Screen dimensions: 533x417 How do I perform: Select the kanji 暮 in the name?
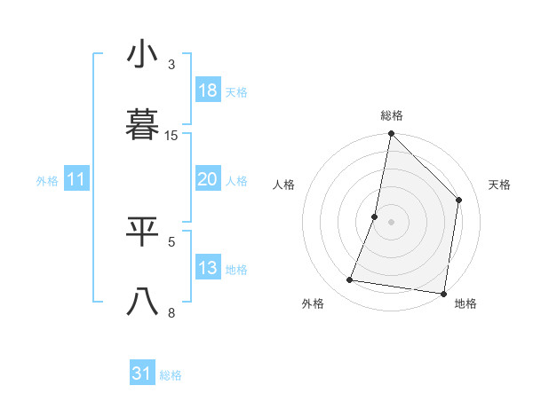click(x=143, y=124)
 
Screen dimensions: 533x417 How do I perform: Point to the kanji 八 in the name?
click(x=143, y=302)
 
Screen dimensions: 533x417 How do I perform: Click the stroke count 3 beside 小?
click(x=171, y=65)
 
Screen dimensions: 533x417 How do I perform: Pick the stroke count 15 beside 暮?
click(x=171, y=136)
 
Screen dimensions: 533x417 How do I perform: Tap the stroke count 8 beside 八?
click(x=171, y=312)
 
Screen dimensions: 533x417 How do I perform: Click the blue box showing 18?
click(x=208, y=90)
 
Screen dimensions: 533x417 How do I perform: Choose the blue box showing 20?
click(x=208, y=179)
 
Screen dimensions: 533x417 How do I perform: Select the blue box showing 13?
click(x=208, y=268)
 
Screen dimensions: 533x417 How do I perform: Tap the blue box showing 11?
click(x=76, y=180)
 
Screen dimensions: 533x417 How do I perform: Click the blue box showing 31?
click(x=141, y=374)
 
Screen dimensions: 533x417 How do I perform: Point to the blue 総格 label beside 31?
click(x=171, y=375)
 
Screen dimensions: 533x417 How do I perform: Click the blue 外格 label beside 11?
click(x=47, y=181)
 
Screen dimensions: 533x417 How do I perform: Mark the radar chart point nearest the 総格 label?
click(x=391, y=134)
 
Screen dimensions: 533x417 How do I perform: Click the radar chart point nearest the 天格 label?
click(x=459, y=200)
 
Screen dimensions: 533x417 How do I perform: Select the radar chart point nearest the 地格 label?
click(x=443, y=293)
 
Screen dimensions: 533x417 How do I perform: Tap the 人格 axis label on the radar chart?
click(x=283, y=185)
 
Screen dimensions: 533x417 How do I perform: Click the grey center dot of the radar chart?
click(x=391, y=222)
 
